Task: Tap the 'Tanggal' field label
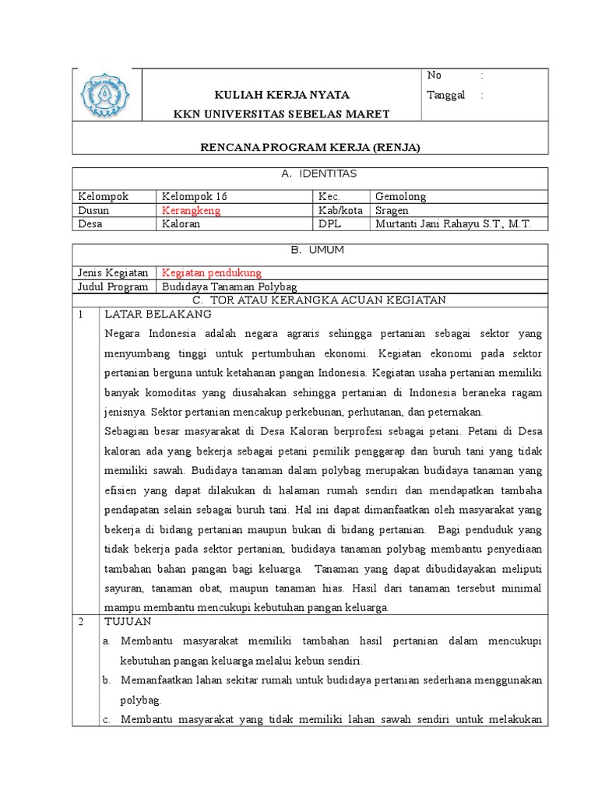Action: [446, 95]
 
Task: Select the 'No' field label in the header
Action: [434, 75]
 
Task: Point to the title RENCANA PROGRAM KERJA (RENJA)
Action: [310, 148]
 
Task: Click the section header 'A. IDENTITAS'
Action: [310, 174]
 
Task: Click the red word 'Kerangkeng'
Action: [192, 210]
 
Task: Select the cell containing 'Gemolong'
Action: [400, 197]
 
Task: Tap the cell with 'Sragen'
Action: [392, 210]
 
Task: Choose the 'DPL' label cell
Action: [329, 223]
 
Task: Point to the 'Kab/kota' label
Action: [340, 210]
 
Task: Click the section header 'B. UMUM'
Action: [310, 251]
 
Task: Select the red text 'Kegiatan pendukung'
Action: [212, 272]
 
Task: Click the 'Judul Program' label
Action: [112, 286]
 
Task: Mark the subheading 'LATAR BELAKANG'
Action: [158, 314]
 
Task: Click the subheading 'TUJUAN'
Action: [129, 622]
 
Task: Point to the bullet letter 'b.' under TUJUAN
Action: [108, 679]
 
